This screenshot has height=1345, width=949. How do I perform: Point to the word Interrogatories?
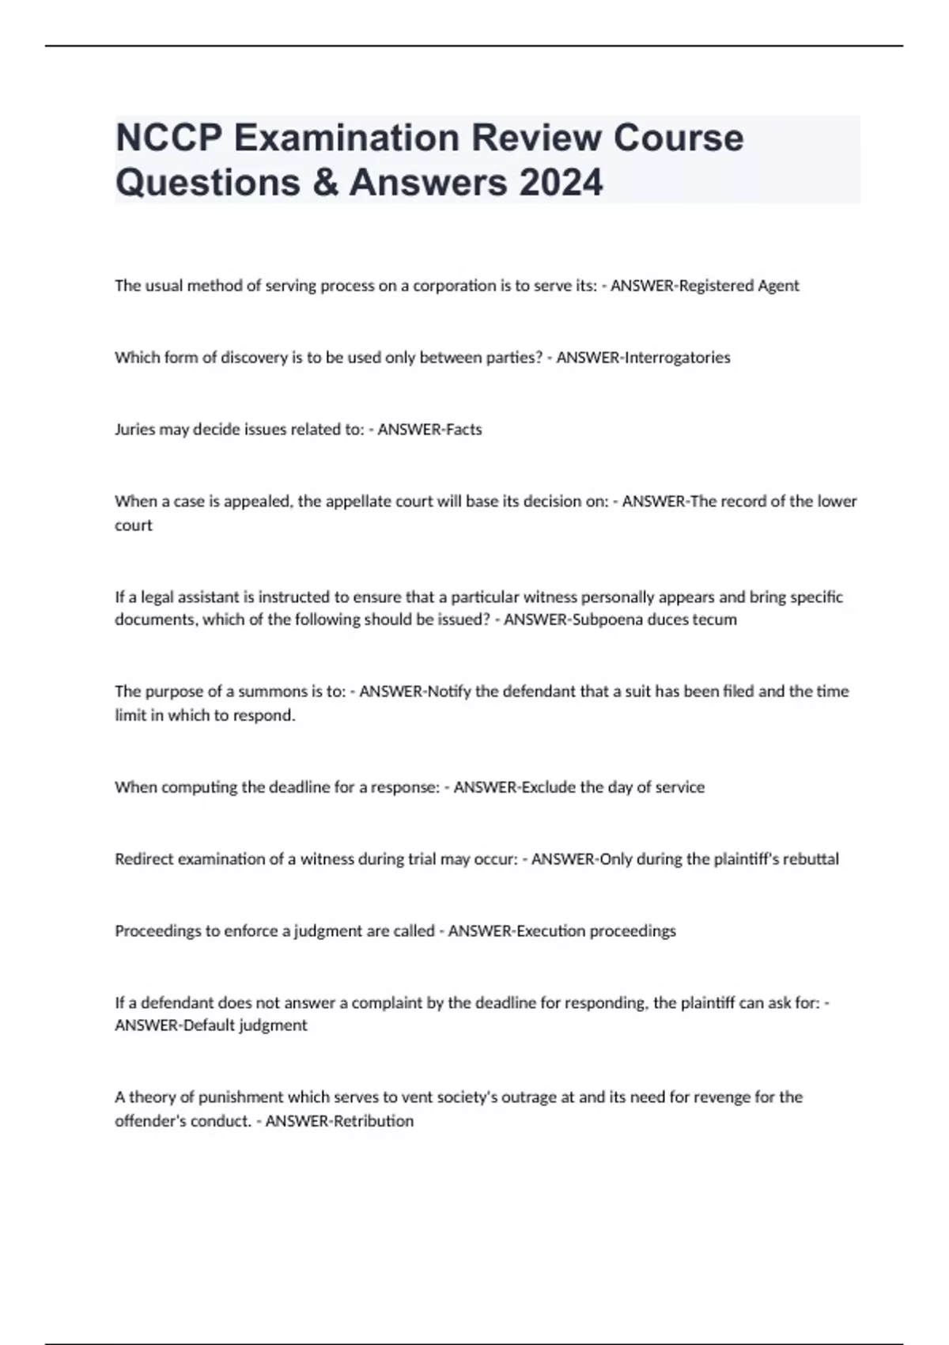click(x=677, y=358)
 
